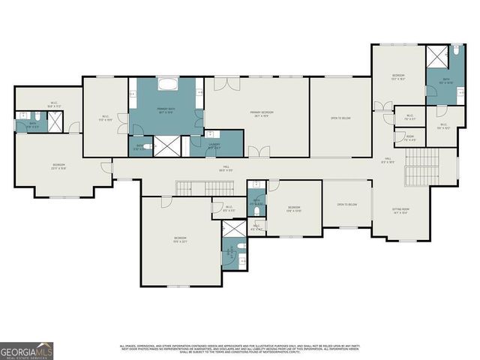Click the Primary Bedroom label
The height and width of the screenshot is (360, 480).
[x=262, y=113]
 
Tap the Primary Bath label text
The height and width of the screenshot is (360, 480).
[x=166, y=111]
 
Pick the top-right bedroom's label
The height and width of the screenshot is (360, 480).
[x=398, y=76]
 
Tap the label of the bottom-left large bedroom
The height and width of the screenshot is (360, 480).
[x=180, y=239]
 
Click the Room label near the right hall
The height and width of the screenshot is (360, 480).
[x=410, y=137]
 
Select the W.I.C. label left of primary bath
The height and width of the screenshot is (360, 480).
[x=106, y=117]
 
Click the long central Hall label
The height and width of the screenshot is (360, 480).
[x=225, y=170]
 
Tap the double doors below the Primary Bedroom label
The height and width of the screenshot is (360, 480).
[x=259, y=152]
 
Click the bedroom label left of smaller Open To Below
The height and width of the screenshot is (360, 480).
[x=294, y=208]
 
